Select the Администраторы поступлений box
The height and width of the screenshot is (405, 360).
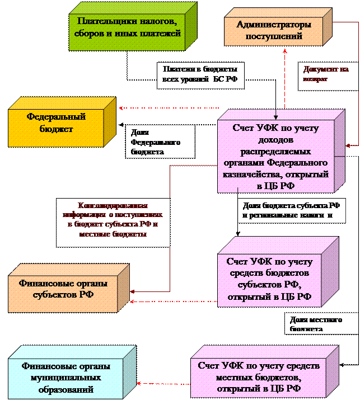pyautogui.click(x=274, y=31)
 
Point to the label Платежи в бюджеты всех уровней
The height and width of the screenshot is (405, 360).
pyautogui.click(x=200, y=74)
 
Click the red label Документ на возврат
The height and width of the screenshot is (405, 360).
pyautogui.click(x=326, y=74)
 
